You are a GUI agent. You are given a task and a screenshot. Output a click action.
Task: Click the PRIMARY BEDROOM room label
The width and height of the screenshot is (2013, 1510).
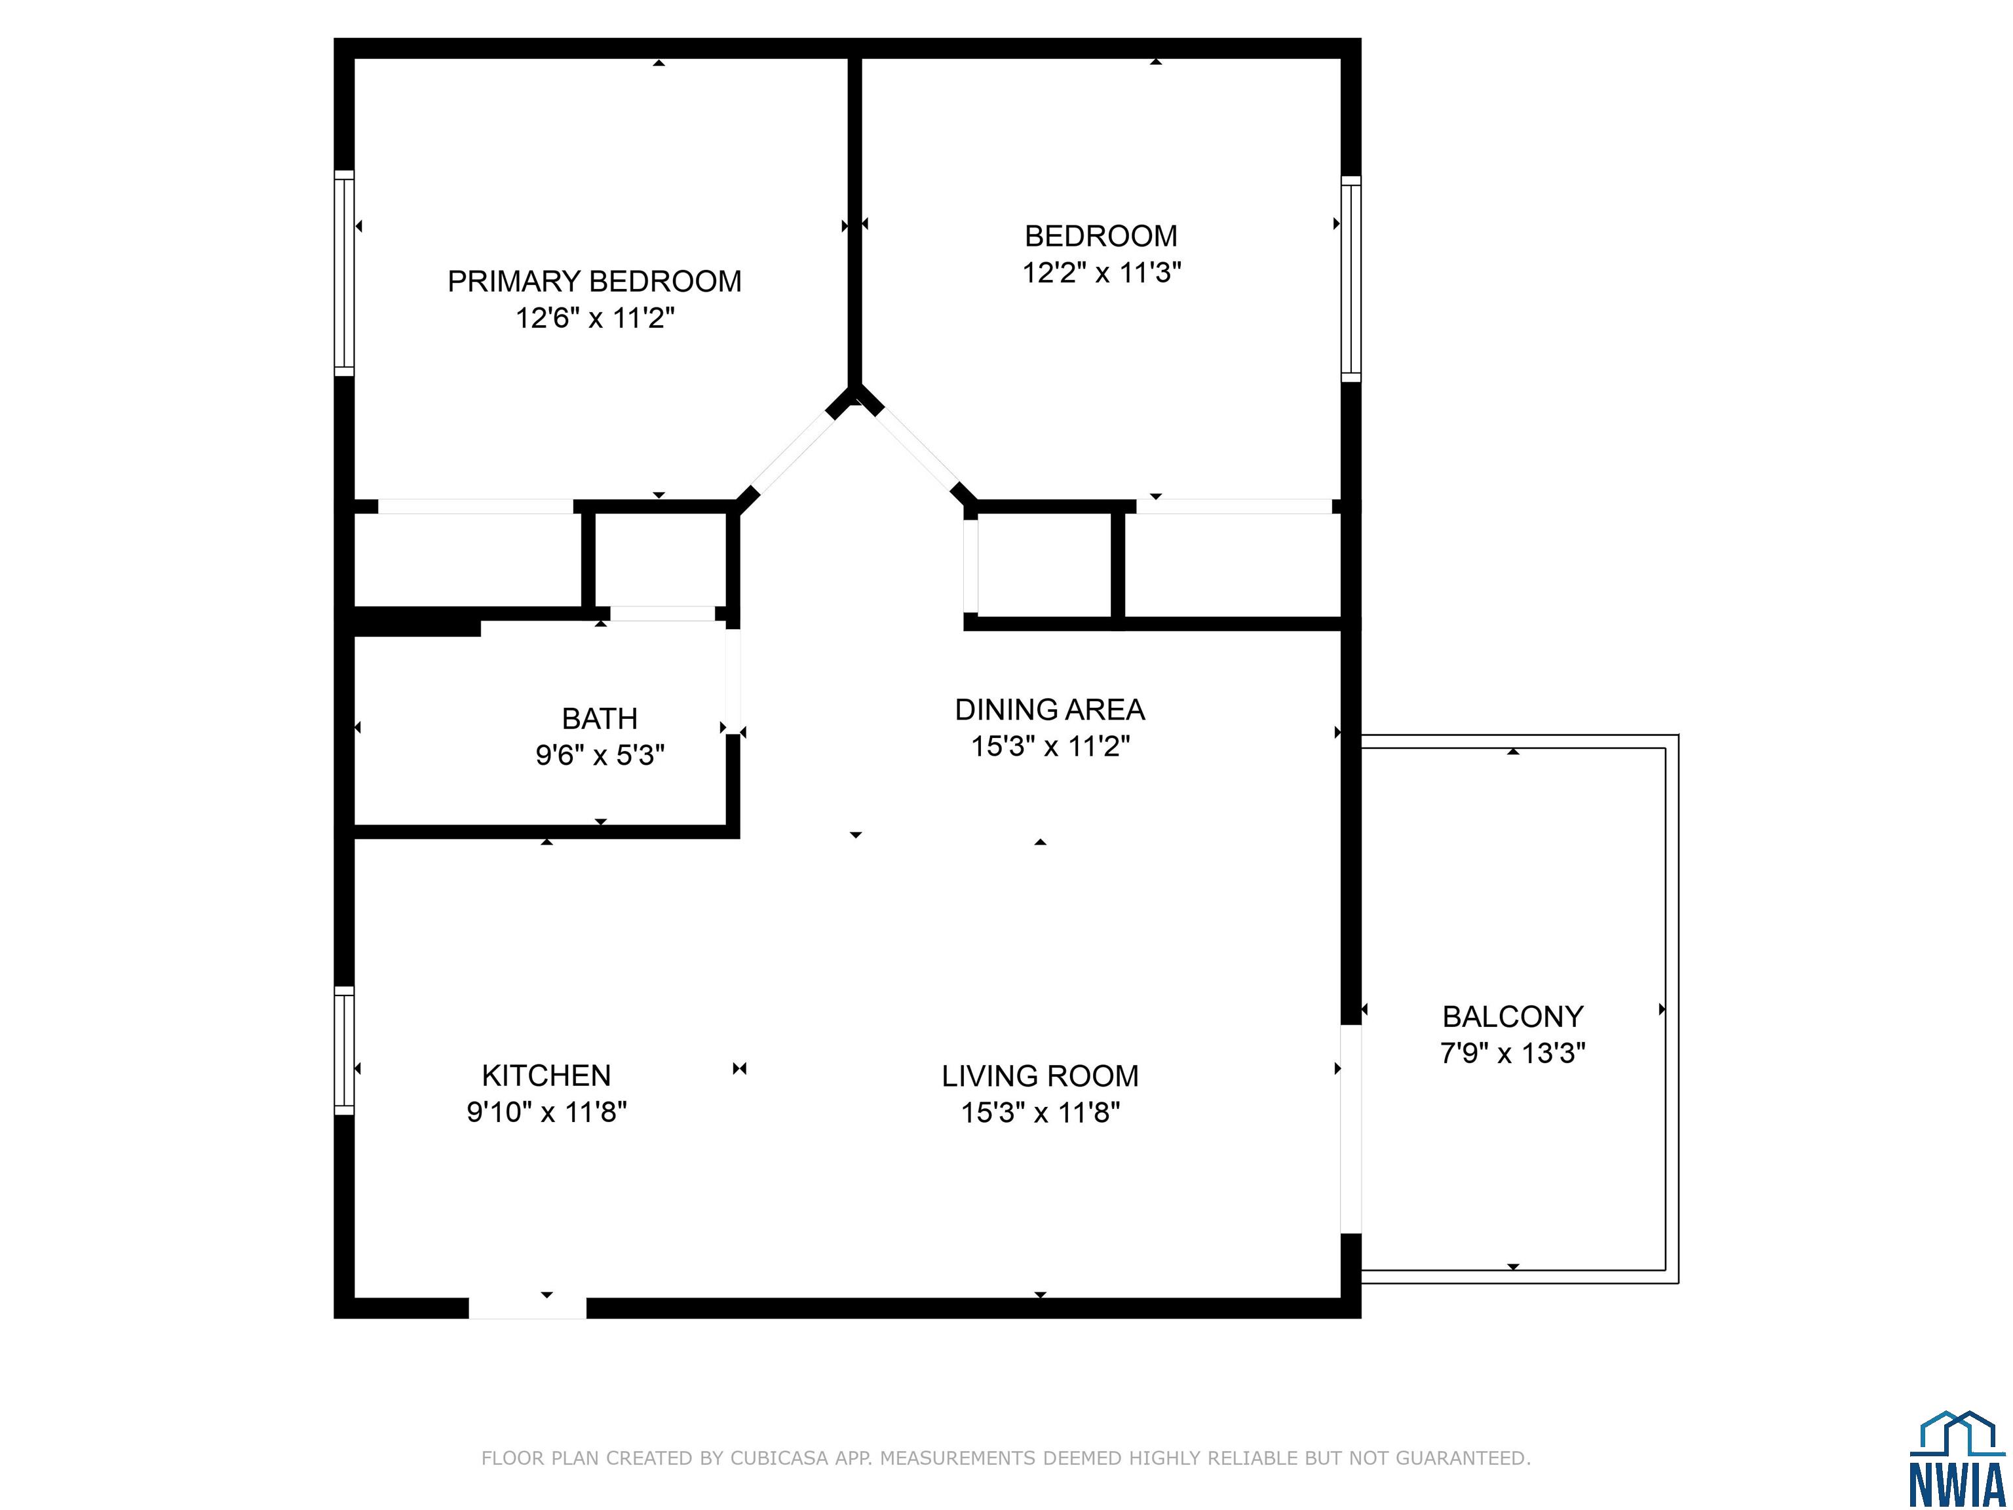coord(594,281)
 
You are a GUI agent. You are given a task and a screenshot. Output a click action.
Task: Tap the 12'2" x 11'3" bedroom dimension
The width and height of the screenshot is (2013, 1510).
coord(1101,272)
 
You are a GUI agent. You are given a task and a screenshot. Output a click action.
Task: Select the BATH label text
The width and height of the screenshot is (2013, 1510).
coord(599,718)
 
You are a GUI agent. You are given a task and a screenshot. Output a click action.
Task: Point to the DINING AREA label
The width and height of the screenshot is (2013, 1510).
coord(1049,709)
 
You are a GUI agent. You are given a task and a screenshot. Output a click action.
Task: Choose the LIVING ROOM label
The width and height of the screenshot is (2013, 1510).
coord(1040,1076)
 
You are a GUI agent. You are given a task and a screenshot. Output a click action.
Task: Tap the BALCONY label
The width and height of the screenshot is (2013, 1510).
coord(1512,1016)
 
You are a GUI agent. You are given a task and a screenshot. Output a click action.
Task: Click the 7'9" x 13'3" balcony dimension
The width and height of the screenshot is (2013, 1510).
coord(1512,1053)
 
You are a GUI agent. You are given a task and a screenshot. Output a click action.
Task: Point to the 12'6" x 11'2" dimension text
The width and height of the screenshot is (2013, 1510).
coord(595,318)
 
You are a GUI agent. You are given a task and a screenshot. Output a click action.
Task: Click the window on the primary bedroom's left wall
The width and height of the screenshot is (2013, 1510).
coord(344,273)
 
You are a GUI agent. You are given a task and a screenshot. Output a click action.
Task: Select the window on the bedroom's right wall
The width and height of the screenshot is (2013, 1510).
coord(1351,279)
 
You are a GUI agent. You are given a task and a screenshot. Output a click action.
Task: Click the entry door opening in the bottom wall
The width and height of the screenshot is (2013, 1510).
coord(527,1308)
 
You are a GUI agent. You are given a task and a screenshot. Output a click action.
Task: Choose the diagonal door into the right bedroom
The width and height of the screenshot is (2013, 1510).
coord(917,452)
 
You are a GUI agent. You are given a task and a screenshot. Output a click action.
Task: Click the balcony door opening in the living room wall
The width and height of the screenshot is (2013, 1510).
coord(1351,1129)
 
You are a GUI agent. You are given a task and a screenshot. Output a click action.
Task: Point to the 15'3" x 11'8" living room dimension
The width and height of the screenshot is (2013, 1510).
coord(1040,1112)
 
